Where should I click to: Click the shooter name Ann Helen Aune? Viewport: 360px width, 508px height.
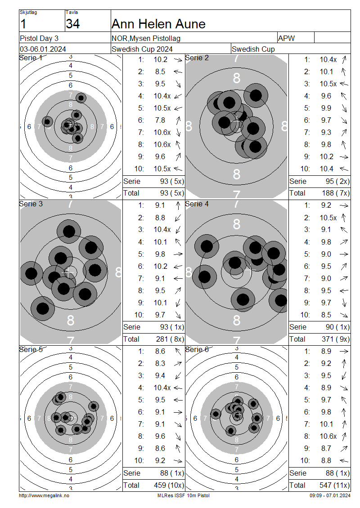click(x=158, y=24)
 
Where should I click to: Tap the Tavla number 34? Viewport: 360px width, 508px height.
click(x=72, y=24)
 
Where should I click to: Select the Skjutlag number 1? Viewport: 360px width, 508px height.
click(x=23, y=24)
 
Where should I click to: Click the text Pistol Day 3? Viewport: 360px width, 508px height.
click(x=39, y=38)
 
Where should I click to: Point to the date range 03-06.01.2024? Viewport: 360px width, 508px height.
click(x=43, y=49)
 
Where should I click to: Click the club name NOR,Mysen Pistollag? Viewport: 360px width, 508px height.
click(x=146, y=39)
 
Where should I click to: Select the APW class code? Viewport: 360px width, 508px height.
click(x=286, y=38)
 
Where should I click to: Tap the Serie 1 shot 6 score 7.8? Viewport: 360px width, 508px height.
click(x=160, y=120)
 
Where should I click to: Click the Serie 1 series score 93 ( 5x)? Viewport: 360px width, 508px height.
click(x=172, y=182)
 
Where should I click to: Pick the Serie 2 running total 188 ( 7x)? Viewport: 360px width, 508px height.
click(x=336, y=193)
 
